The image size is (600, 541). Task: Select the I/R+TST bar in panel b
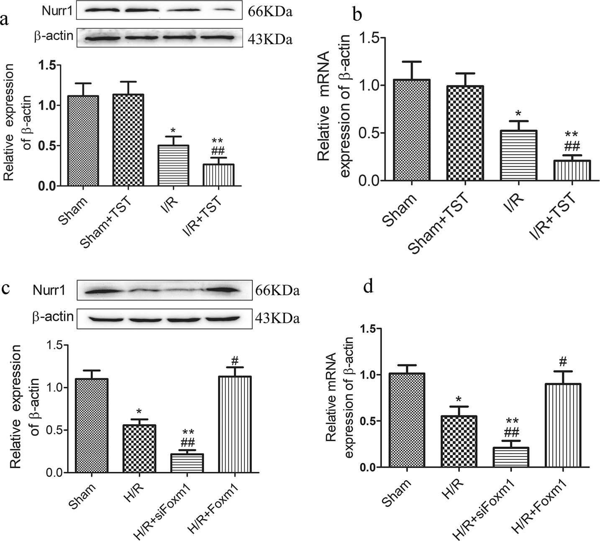(572, 170)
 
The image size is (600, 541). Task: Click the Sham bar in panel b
(412, 130)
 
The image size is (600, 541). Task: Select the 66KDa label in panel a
(269, 11)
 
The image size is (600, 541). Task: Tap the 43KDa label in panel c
(277, 319)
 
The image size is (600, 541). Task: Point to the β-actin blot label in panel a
(54, 36)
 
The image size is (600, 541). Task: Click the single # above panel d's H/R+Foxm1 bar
(564, 361)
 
